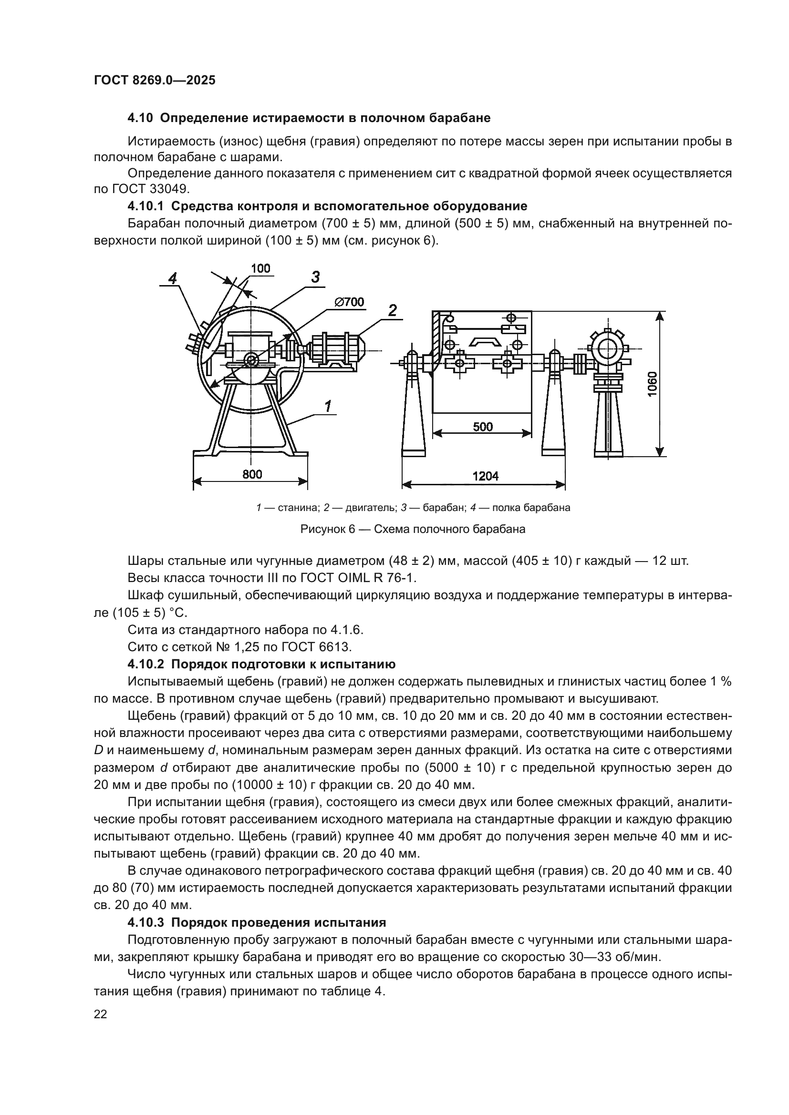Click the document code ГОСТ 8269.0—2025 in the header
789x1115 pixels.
[155, 81]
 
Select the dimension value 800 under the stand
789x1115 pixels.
[252, 474]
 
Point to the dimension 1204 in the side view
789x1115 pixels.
[485, 476]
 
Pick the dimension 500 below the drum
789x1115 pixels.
[482, 427]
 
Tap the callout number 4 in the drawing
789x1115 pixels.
[173, 278]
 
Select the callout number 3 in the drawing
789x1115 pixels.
[315, 277]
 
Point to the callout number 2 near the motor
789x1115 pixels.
[393, 310]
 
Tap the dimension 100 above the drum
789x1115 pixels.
[261, 268]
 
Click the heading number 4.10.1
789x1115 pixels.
[146, 206]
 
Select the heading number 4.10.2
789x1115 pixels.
[146, 664]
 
